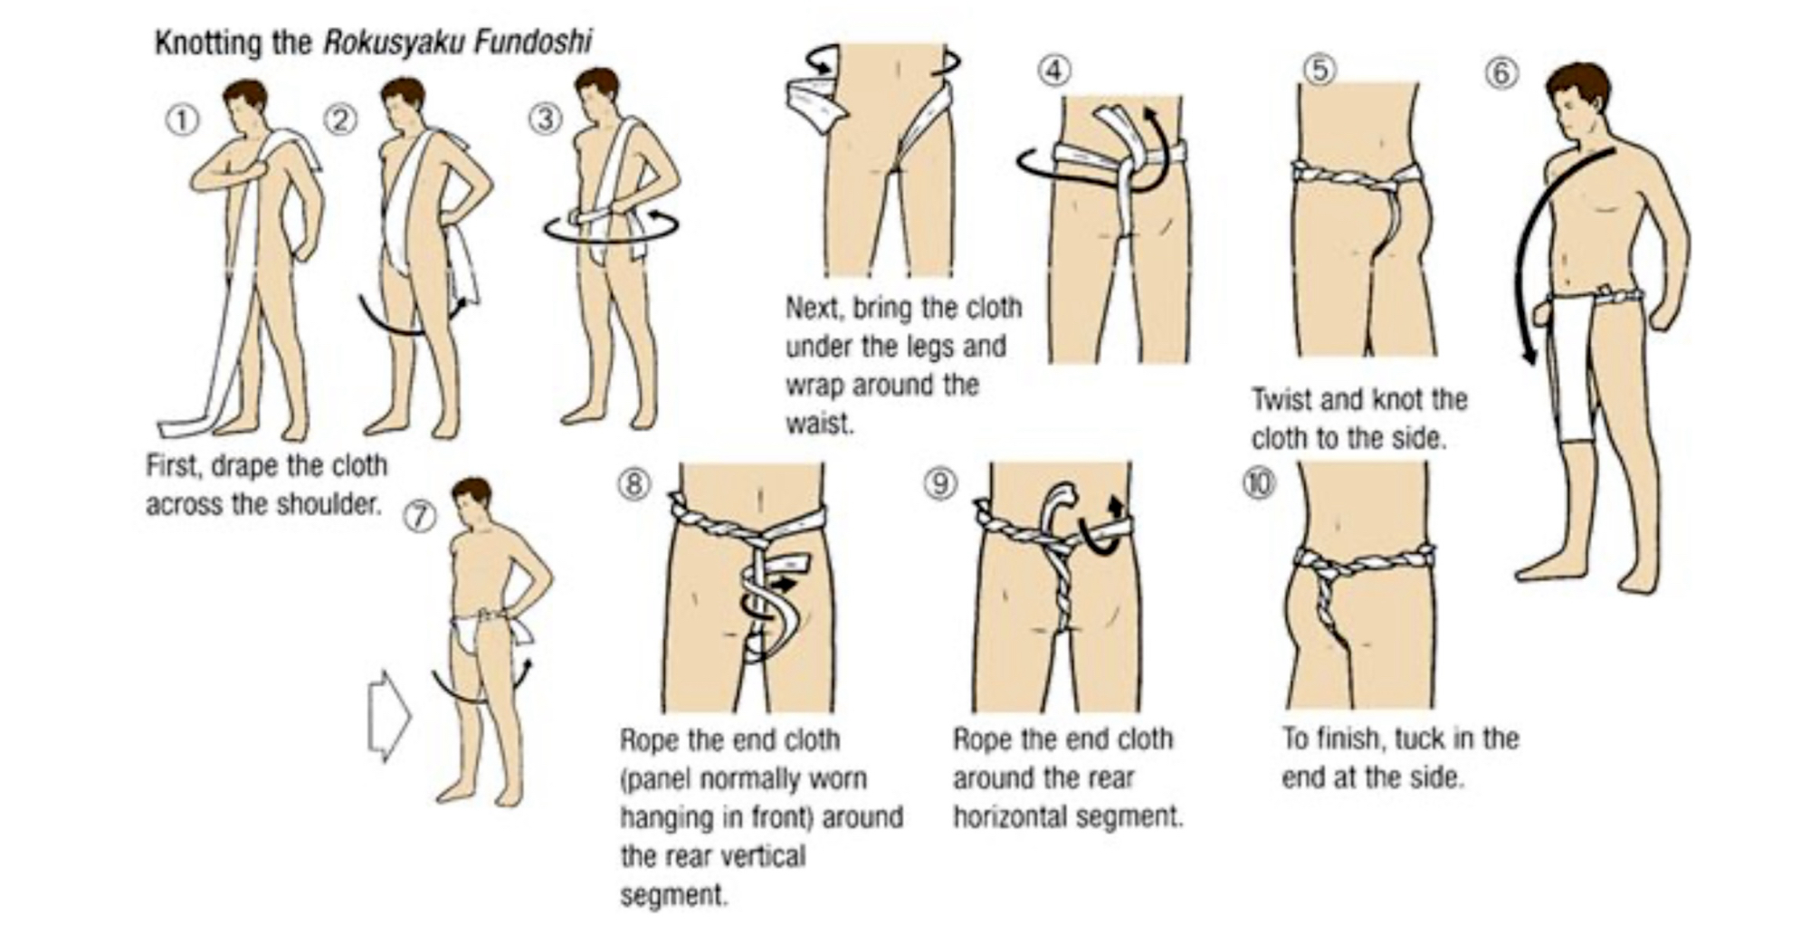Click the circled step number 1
coord(182,120)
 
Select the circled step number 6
coord(1501,72)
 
